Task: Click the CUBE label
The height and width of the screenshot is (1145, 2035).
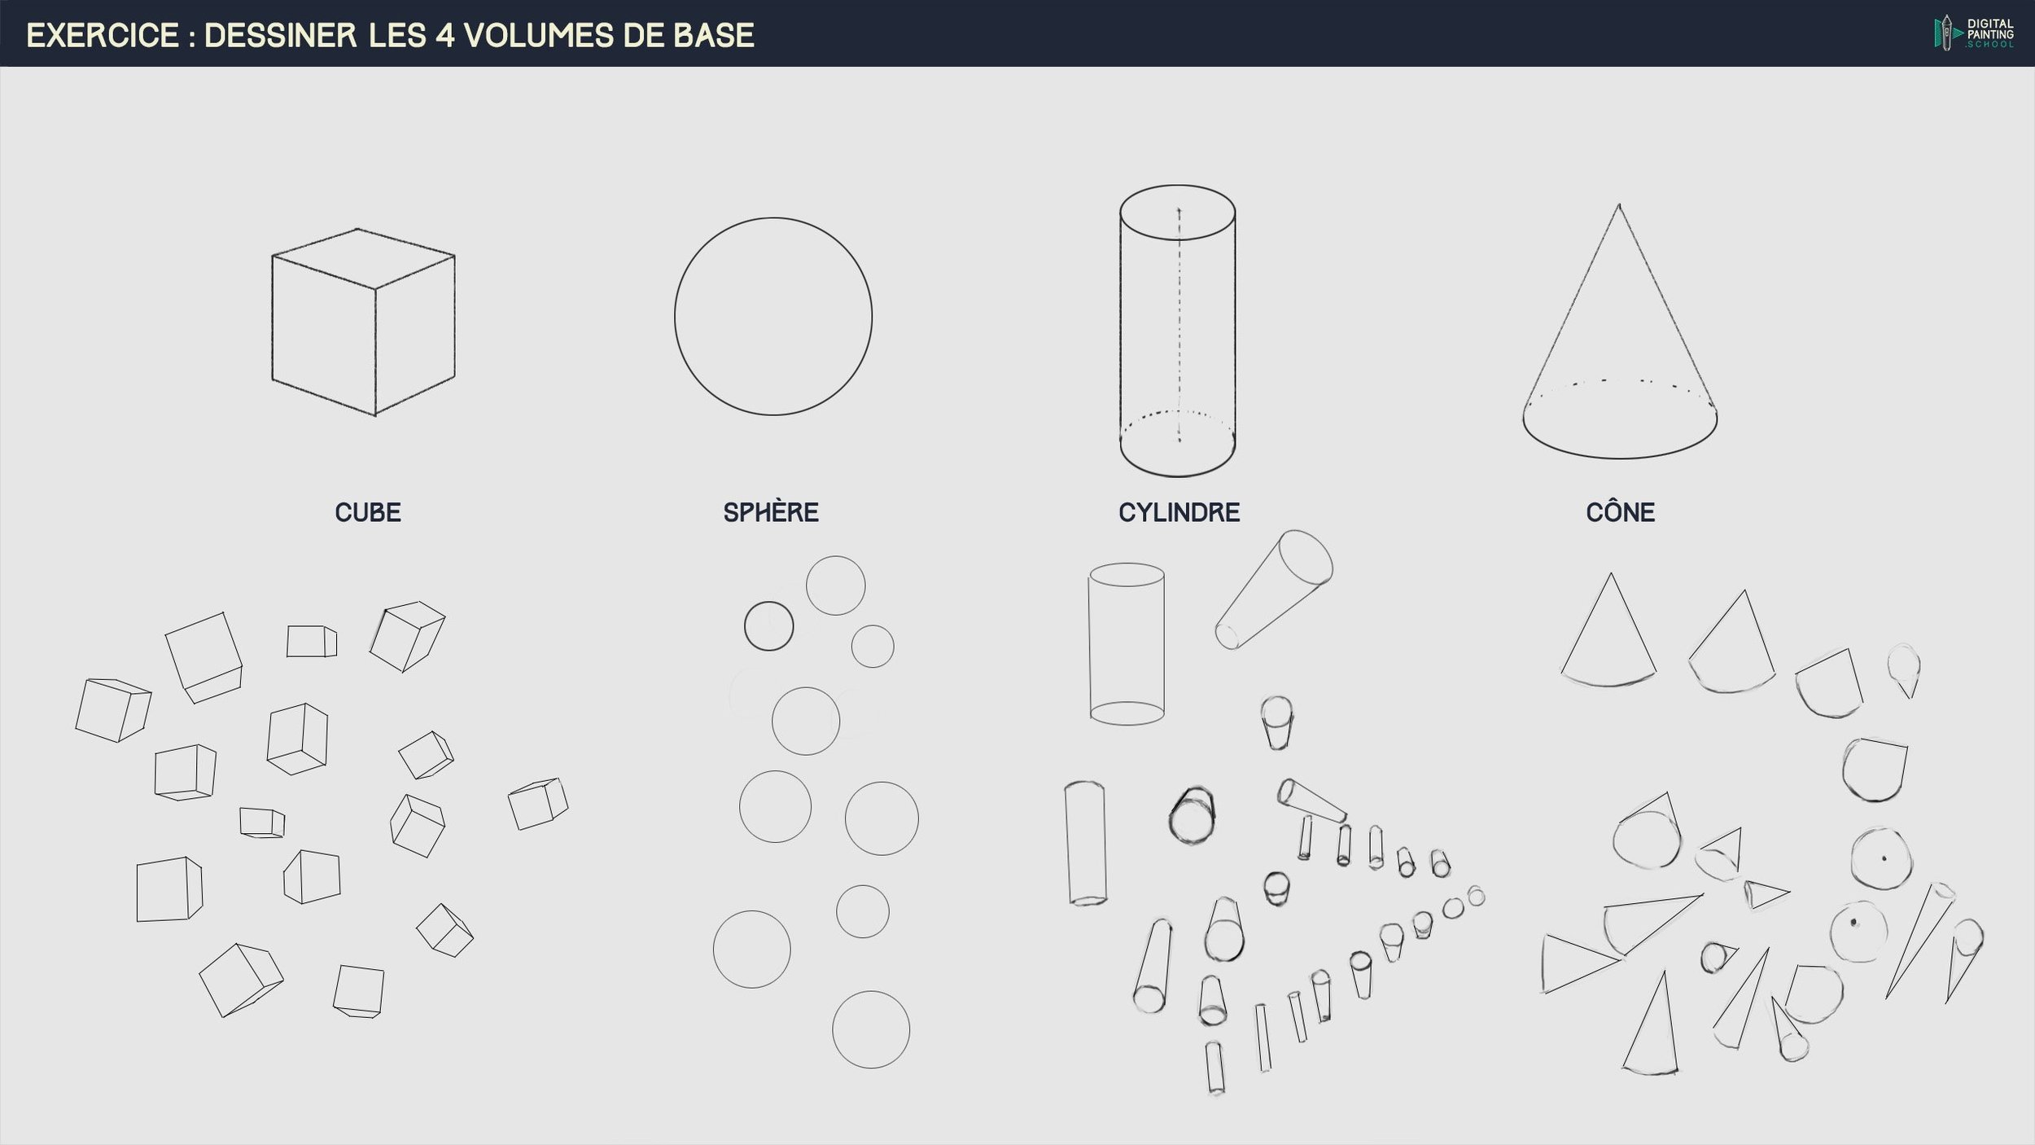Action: tap(368, 512)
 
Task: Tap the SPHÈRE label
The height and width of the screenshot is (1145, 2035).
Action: tap(771, 511)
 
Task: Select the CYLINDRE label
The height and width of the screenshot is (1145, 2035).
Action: tap(1179, 512)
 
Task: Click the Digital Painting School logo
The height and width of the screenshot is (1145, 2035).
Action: tap(1974, 33)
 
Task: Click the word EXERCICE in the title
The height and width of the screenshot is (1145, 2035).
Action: tap(103, 35)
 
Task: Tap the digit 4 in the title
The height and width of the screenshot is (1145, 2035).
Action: tap(444, 35)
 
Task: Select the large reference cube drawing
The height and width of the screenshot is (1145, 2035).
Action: tap(363, 322)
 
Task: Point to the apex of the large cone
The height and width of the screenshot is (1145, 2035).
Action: tap(1618, 204)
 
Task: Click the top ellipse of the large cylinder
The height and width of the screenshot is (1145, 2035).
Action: tap(1177, 186)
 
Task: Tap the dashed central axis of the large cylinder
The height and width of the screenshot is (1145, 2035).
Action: tap(1179, 326)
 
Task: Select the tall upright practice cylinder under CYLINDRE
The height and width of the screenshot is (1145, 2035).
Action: tap(1127, 643)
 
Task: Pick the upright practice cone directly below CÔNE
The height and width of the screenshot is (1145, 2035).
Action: tap(1608, 630)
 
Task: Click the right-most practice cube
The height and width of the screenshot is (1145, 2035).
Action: tap(538, 803)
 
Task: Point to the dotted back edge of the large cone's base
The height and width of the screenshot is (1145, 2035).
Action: tap(1620, 381)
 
